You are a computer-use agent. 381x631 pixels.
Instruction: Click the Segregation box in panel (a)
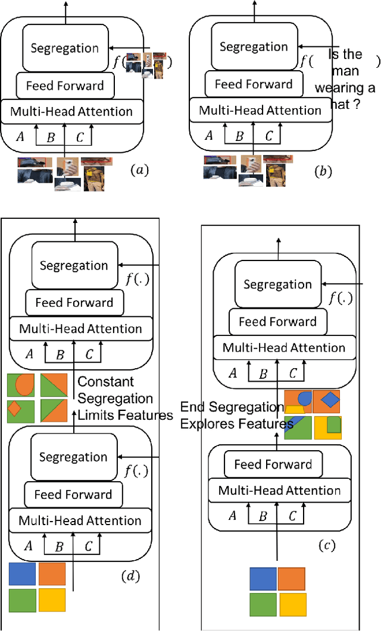(x=65, y=48)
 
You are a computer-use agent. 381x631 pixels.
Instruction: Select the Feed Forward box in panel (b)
(x=253, y=84)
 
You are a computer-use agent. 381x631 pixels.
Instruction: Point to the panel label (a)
(x=139, y=171)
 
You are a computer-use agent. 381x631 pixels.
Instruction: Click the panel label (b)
(x=323, y=172)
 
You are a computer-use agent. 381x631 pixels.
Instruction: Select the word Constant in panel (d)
(x=106, y=382)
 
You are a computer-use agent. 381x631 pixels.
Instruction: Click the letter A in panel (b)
(x=209, y=136)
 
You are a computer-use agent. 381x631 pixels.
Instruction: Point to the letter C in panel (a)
(x=79, y=137)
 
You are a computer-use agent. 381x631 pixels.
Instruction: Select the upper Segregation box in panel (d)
(x=74, y=266)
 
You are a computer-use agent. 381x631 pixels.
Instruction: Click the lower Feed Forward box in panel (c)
(x=273, y=464)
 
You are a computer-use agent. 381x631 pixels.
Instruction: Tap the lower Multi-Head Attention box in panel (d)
(x=80, y=521)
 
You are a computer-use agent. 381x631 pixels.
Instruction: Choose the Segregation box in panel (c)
(x=277, y=285)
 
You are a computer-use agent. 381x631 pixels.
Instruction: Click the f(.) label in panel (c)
(x=345, y=300)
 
